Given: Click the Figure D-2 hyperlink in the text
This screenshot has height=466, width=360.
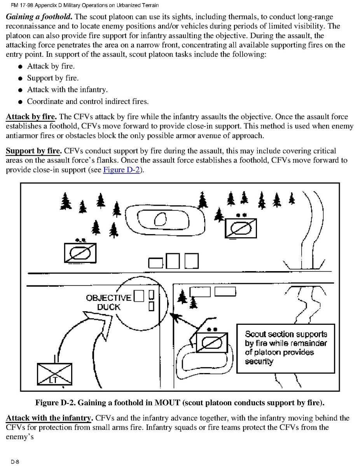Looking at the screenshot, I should pyautogui.click(x=121, y=170).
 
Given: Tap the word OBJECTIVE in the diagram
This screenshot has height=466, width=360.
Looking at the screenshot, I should pyautogui.click(x=108, y=298).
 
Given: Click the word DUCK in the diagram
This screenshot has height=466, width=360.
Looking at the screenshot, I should pyautogui.click(x=108, y=307).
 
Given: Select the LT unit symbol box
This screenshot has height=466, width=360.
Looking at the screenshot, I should pyautogui.click(x=54, y=373).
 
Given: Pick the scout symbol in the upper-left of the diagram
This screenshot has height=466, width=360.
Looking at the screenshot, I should pyautogui.click(x=80, y=252).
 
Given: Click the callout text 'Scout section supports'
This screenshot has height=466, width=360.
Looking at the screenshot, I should pyautogui.click(x=286, y=334).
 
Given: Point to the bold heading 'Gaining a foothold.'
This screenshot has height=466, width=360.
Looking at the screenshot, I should pyautogui.click(x=38, y=17).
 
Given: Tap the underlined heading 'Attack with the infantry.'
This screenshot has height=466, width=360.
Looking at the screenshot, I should pyautogui.click(x=49, y=418).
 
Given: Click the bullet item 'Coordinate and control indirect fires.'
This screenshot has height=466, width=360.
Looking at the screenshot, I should pyautogui.click(x=87, y=102).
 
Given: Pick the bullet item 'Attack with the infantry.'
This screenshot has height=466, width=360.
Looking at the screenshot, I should pyautogui.click(x=67, y=90).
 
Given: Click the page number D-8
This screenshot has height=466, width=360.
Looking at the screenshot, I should pyautogui.click(x=15, y=462).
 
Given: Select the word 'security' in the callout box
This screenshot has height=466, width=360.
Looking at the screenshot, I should pyautogui.click(x=259, y=361).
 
